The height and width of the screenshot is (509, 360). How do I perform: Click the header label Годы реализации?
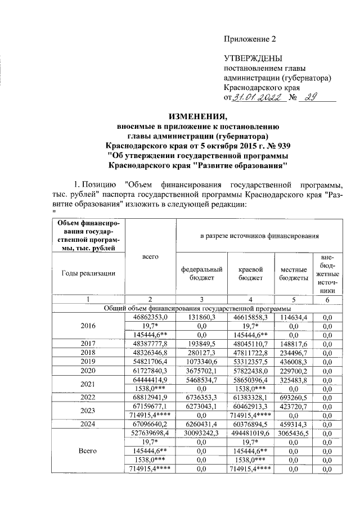tap(88, 273)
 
